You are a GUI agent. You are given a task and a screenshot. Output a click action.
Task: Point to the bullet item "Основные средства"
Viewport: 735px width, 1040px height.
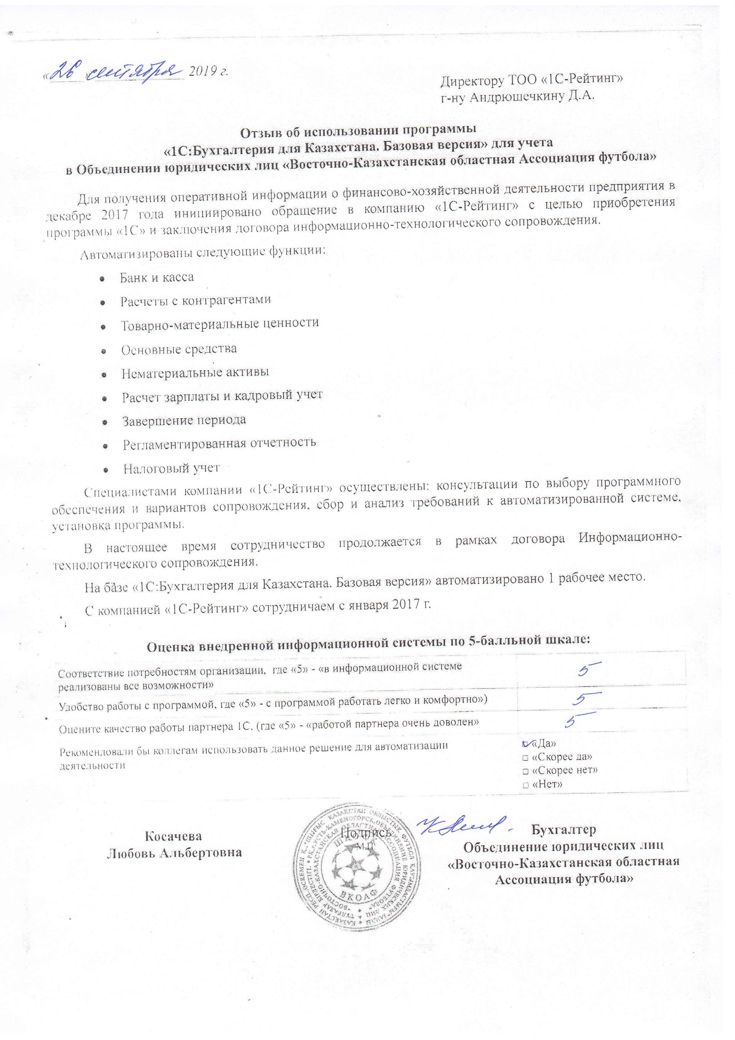click(179, 349)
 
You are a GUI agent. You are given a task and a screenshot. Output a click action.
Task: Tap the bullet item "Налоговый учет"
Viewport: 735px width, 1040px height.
click(172, 468)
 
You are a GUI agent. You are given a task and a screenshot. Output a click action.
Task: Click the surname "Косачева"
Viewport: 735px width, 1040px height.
click(173, 836)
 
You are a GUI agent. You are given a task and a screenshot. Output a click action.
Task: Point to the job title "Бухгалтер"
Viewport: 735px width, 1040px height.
click(563, 830)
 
